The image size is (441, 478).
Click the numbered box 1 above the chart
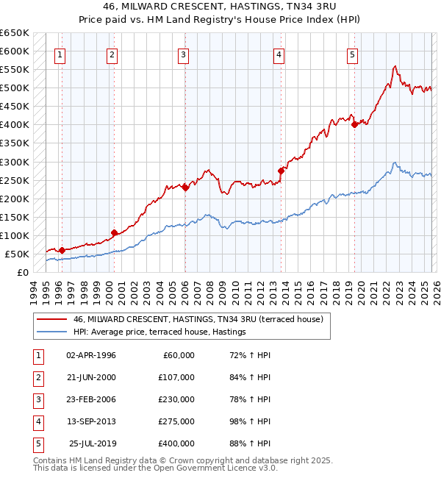60,54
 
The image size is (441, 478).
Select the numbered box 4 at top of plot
279,54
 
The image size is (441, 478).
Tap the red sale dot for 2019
354,124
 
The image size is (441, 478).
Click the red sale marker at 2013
281,171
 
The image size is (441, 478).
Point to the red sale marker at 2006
185,188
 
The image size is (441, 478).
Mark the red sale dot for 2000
113,232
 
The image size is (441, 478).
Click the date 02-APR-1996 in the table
91,355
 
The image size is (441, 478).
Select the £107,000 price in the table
176,377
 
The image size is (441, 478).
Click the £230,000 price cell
176,399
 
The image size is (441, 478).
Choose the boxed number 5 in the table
37,443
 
